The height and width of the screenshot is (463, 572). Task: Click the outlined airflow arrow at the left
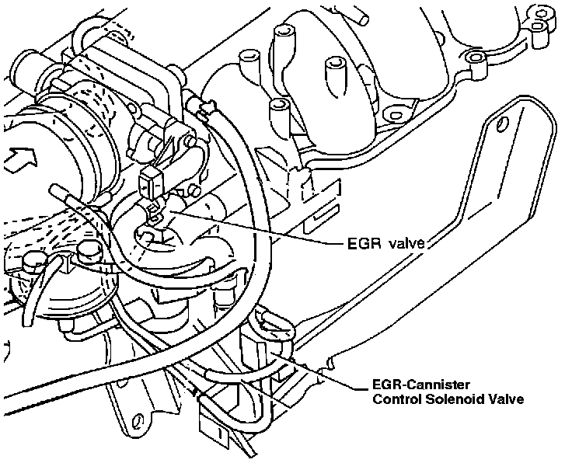[x=17, y=162]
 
